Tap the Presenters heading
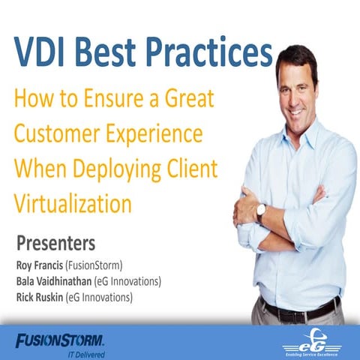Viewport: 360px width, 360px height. coord(55,244)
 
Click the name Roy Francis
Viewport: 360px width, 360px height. coord(44,264)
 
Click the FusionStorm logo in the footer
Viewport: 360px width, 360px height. coord(60,340)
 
